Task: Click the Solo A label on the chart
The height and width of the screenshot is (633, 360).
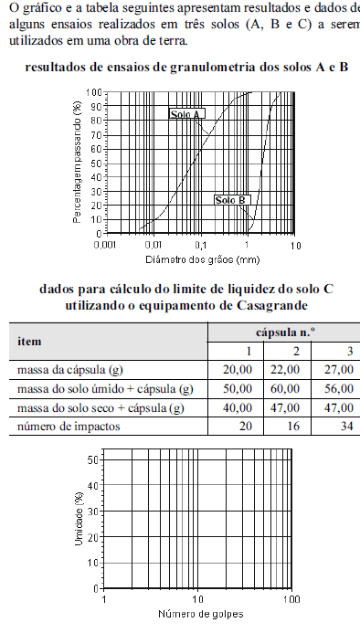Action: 185,114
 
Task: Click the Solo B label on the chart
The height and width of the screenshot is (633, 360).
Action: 230,200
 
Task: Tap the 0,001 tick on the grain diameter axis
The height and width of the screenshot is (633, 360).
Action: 104,246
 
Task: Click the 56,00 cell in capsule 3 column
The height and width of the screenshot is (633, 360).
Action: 339,389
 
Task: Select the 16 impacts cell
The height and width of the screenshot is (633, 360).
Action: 293,427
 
